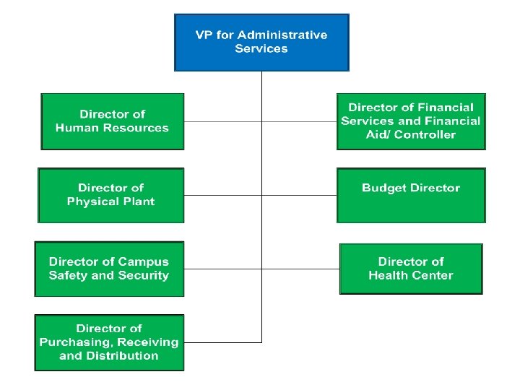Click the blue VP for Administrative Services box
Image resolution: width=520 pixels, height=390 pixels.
pyautogui.click(x=261, y=42)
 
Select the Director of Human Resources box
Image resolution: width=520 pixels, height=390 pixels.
pyautogui.click(x=112, y=121)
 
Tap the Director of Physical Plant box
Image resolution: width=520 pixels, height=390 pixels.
pyautogui.click(x=110, y=195)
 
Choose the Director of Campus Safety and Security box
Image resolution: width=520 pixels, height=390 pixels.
pyautogui.click(x=109, y=269)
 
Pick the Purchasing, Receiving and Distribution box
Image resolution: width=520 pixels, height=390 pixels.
pyautogui.click(x=109, y=342)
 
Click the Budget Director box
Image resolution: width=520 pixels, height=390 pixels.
pyautogui.click(x=411, y=195)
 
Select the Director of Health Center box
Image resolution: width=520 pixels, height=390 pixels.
pyautogui.click(x=411, y=269)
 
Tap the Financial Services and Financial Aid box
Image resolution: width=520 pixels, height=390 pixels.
pyautogui.click(x=411, y=121)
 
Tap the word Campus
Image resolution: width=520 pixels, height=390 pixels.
pyautogui.click(x=142, y=262)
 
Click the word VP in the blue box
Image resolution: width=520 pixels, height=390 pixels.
pyautogui.click(x=204, y=35)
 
